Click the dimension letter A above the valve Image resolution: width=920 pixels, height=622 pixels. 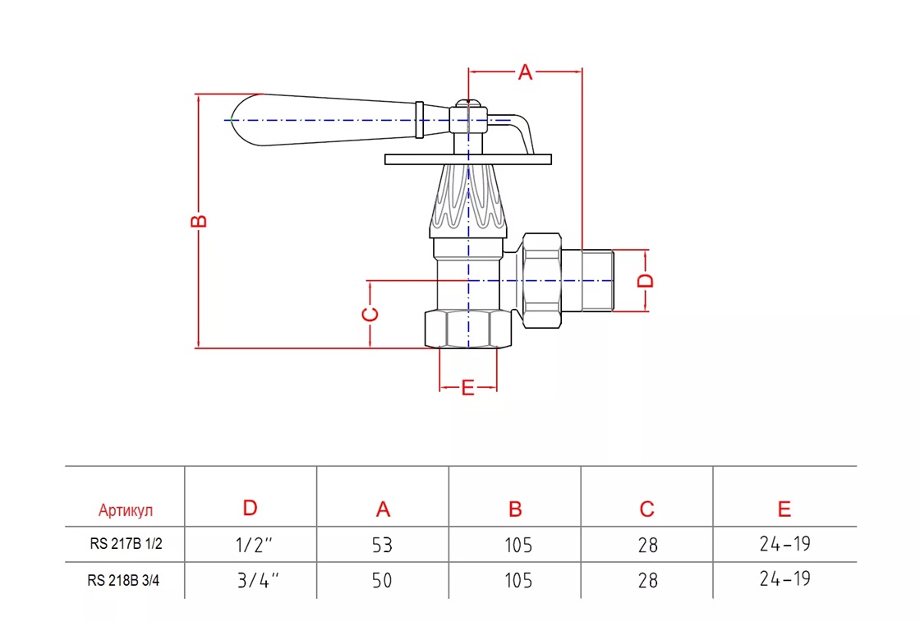pos(525,73)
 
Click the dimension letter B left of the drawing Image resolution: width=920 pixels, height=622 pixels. pos(199,221)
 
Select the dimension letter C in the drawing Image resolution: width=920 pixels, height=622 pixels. pos(370,315)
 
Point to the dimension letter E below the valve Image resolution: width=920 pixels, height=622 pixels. pos(467,388)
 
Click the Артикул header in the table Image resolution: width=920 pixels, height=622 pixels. pos(126,511)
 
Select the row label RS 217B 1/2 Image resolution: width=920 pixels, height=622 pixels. pos(126,543)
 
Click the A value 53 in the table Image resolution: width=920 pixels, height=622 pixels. pos(382,545)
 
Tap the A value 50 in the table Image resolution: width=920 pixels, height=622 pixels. pos(382,580)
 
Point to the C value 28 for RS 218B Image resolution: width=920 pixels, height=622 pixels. pos(647,580)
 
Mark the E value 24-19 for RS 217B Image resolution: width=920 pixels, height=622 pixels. pos(784,543)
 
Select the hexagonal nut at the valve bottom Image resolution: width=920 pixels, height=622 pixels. pos(467,329)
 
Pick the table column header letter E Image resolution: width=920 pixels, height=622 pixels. pos(784,509)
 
